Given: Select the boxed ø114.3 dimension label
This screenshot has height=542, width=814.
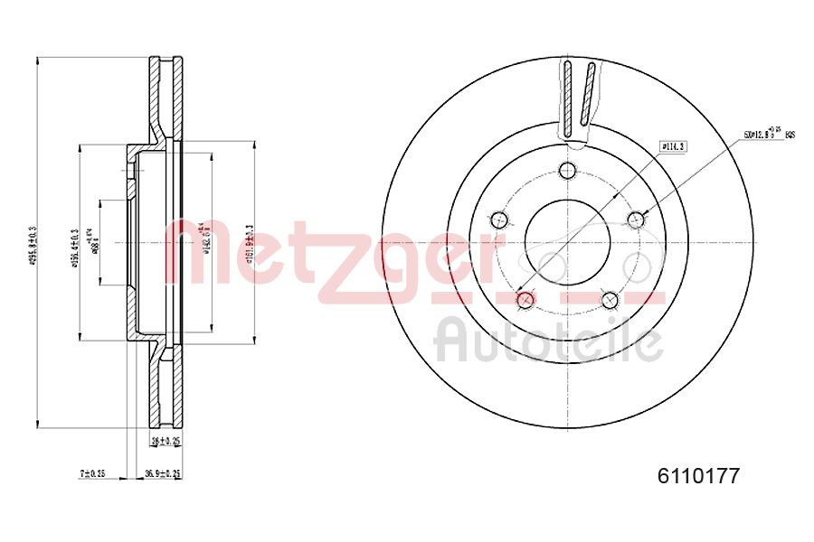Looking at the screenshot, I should (x=672, y=145).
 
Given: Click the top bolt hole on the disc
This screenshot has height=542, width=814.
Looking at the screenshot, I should (x=567, y=171).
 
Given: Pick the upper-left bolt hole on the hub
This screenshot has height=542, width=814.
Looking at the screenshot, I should (x=498, y=219).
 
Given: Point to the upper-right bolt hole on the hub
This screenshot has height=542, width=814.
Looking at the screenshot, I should (x=636, y=218).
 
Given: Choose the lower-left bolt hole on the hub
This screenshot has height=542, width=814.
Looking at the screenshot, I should (x=525, y=298).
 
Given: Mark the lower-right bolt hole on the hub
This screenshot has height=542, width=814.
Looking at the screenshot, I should (x=610, y=298).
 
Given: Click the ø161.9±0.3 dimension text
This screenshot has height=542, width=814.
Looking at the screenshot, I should (x=249, y=241).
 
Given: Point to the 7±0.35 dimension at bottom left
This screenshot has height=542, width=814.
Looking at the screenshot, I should (x=92, y=473).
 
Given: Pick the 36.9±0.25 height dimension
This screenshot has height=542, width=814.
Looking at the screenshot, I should (x=165, y=473).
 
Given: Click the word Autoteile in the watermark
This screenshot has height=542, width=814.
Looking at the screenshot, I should (x=548, y=340).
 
